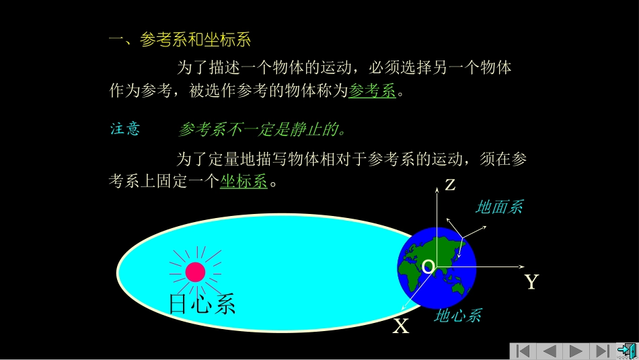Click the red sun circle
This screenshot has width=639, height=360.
pyautogui.click(x=195, y=272)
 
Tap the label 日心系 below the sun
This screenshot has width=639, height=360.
pyautogui.click(x=202, y=304)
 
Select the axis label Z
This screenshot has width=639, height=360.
pyautogui.click(x=450, y=185)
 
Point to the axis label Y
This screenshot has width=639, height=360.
pyautogui.click(x=531, y=282)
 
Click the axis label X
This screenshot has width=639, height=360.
pyautogui.click(x=401, y=327)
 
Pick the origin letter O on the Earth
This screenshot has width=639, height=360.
pyautogui.click(x=428, y=267)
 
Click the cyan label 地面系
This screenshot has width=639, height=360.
pyautogui.click(x=498, y=207)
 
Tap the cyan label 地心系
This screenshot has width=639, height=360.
pyautogui.click(x=457, y=315)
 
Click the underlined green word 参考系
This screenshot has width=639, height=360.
pyautogui.click(x=372, y=91)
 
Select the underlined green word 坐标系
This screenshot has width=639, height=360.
pyautogui.click(x=243, y=182)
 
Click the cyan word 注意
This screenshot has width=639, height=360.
pyautogui.click(x=125, y=129)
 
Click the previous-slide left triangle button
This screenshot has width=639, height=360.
pyautogui.click(x=550, y=351)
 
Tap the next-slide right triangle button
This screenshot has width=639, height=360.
pyautogui.click(x=576, y=351)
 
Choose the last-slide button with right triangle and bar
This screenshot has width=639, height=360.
pyautogui.click(x=602, y=351)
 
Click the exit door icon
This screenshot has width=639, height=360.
pyautogui.click(x=627, y=351)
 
